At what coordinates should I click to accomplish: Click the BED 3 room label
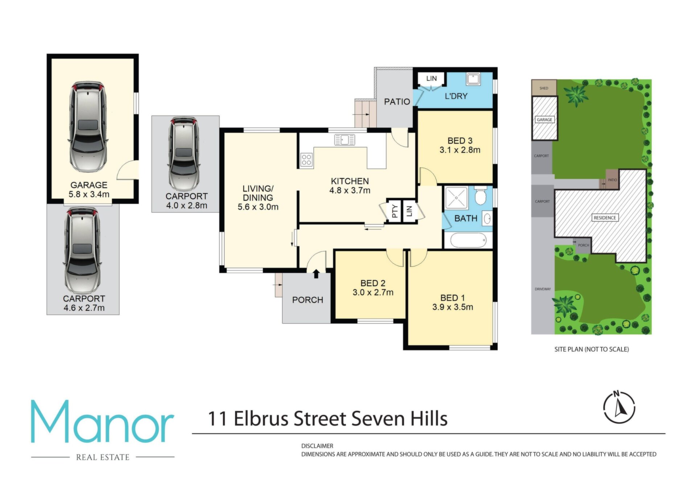460,141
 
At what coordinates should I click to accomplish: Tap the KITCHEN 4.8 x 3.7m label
350,186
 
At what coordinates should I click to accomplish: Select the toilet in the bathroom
480,196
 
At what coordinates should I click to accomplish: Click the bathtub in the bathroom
468,240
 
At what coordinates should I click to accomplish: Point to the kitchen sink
344,140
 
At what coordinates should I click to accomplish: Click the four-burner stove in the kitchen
306,160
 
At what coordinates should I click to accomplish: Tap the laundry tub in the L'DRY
473,79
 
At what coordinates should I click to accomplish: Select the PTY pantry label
395,211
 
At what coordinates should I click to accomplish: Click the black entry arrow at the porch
316,274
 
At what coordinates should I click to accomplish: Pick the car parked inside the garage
88,126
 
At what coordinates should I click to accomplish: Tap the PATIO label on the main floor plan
397,102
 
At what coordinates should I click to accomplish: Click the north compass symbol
619,407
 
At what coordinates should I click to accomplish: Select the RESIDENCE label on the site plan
605,218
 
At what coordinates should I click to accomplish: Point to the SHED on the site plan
544,88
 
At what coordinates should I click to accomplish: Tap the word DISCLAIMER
317,446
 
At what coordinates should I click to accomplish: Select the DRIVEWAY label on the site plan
543,289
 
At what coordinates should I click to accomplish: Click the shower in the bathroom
457,198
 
